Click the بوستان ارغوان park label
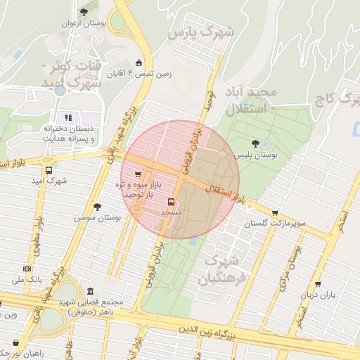[84, 23]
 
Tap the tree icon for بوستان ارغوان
[84, 12]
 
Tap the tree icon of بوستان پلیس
[264, 143]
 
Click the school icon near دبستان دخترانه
[68, 117]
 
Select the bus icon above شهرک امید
[49, 170]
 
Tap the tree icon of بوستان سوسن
[97, 207]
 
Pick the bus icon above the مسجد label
[171, 202]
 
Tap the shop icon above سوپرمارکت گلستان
[274, 213]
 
